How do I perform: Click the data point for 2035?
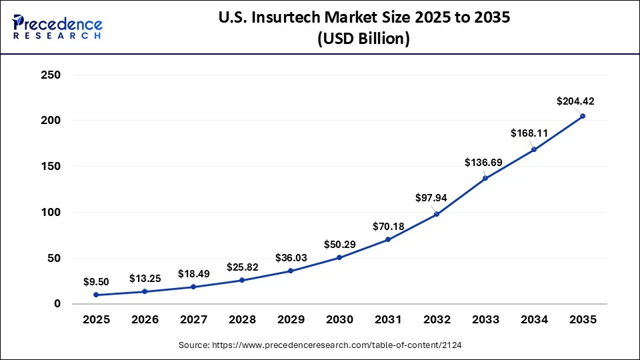click(583, 116)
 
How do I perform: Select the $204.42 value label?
click(575, 101)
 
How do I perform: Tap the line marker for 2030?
click(339, 257)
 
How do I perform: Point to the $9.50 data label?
click(96, 282)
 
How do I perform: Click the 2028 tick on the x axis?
click(242, 320)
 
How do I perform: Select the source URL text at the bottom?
click(320, 345)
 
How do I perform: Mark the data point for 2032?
click(437, 214)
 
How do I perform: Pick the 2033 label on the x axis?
click(485, 320)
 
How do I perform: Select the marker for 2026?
click(145, 291)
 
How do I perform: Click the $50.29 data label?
click(339, 245)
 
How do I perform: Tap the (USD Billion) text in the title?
click(363, 39)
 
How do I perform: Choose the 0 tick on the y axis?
click(57, 304)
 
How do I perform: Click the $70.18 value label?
click(388, 227)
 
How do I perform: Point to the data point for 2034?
click(534, 149)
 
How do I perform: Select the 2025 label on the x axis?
click(96, 320)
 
